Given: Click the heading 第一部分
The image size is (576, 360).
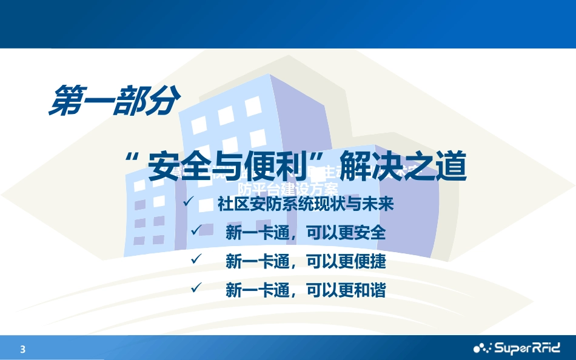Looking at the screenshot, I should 113,100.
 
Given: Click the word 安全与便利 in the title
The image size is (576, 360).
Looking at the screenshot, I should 214,166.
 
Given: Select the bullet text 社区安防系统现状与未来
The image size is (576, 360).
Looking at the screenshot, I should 306,204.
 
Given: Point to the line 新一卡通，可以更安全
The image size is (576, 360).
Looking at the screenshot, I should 306,233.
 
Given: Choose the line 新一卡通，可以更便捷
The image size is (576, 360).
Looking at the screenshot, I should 306,262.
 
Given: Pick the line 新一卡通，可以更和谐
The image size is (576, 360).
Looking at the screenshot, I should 306,291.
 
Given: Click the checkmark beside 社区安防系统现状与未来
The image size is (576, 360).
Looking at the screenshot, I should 189,201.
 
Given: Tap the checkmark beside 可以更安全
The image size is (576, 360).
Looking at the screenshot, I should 195,230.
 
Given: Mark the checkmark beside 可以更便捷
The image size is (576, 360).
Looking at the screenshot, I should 195,259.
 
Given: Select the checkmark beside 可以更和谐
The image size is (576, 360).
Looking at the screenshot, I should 195,288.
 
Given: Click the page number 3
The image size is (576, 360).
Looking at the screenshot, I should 23,349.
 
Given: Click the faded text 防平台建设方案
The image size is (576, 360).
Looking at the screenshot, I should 287,188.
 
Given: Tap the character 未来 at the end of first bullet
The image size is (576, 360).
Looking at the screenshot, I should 378,204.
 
